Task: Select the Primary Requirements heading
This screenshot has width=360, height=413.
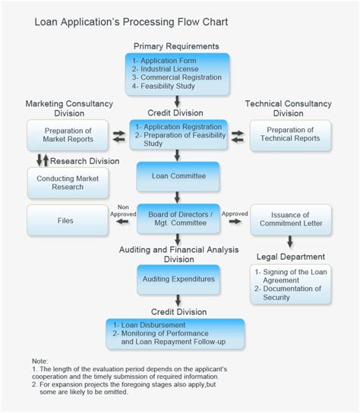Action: click(177, 47)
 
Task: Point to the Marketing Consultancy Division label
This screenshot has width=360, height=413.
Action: click(68, 108)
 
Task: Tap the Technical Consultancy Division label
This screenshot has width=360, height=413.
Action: click(288, 108)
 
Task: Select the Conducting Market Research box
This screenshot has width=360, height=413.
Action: click(67, 182)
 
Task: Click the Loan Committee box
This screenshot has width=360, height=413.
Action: click(178, 176)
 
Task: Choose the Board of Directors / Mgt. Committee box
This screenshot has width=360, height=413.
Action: click(178, 219)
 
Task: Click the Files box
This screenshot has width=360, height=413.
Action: click(67, 221)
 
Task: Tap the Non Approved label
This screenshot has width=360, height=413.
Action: click(122, 210)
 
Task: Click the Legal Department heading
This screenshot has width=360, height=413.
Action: click(290, 257)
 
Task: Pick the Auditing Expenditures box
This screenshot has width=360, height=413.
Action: click(178, 279)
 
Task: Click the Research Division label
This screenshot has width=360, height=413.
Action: click(84, 161)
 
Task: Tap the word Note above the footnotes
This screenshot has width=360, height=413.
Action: click(39, 360)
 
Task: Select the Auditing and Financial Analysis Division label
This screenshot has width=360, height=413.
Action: click(178, 254)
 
